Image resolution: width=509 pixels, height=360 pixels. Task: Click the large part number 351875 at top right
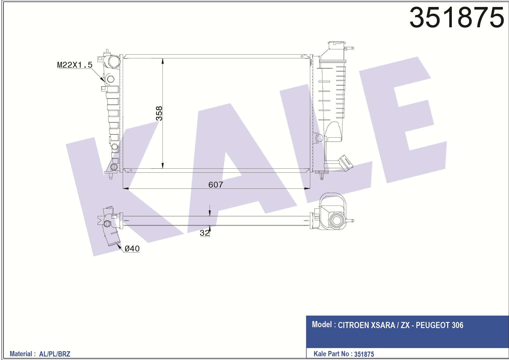[x=457, y=17]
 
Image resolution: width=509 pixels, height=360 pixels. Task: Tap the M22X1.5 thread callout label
[x=75, y=65]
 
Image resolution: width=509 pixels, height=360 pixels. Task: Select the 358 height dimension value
[x=159, y=113]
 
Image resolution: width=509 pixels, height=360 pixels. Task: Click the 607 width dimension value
[x=216, y=185]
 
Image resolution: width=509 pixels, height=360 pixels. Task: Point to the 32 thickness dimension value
[x=204, y=233]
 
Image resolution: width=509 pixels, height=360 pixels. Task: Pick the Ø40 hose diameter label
[x=132, y=249]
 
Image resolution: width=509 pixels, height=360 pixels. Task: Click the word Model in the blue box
[x=322, y=324]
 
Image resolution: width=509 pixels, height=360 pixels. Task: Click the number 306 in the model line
[x=458, y=325]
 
